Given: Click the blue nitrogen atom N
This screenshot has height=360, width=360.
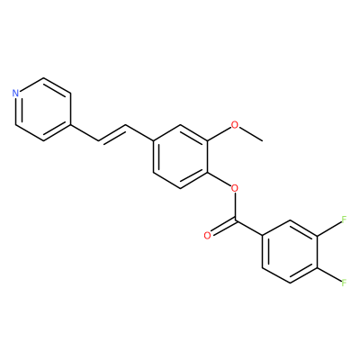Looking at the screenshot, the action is [x=16, y=93].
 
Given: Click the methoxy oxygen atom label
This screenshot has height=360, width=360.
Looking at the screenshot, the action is [x=235, y=125].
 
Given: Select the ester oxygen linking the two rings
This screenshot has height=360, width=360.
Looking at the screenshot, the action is [x=235, y=188].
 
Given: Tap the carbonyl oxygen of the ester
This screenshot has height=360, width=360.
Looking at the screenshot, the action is [x=207, y=236].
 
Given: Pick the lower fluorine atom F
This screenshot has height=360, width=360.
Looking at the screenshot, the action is [x=345, y=283].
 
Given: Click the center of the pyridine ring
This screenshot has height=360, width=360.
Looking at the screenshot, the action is [x=43, y=109].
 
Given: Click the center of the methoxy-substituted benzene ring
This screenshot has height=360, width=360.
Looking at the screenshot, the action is [x=180, y=157].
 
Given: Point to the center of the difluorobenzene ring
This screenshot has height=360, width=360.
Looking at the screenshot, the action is [x=290, y=251].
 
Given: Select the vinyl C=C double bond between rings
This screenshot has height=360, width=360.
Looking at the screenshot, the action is [x=112, y=134].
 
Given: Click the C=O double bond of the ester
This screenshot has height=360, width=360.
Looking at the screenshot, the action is [x=223, y=228].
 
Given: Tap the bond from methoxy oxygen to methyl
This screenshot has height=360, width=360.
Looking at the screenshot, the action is [x=251, y=134].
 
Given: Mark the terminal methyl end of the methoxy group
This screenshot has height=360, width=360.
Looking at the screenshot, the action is [x=263, y=140].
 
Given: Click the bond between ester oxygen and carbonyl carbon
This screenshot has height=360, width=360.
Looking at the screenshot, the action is [x=235, y=207].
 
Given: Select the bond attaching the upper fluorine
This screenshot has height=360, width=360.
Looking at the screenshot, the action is [x=329, y=229].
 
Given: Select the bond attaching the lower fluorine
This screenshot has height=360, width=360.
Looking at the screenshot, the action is [x=329, y=274].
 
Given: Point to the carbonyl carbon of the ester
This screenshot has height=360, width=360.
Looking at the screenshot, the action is [x=235, y=221].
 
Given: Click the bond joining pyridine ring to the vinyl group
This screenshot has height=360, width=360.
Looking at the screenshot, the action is [x=85, y=132].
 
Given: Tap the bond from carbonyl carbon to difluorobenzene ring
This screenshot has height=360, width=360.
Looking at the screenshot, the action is [x=248, y=229].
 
